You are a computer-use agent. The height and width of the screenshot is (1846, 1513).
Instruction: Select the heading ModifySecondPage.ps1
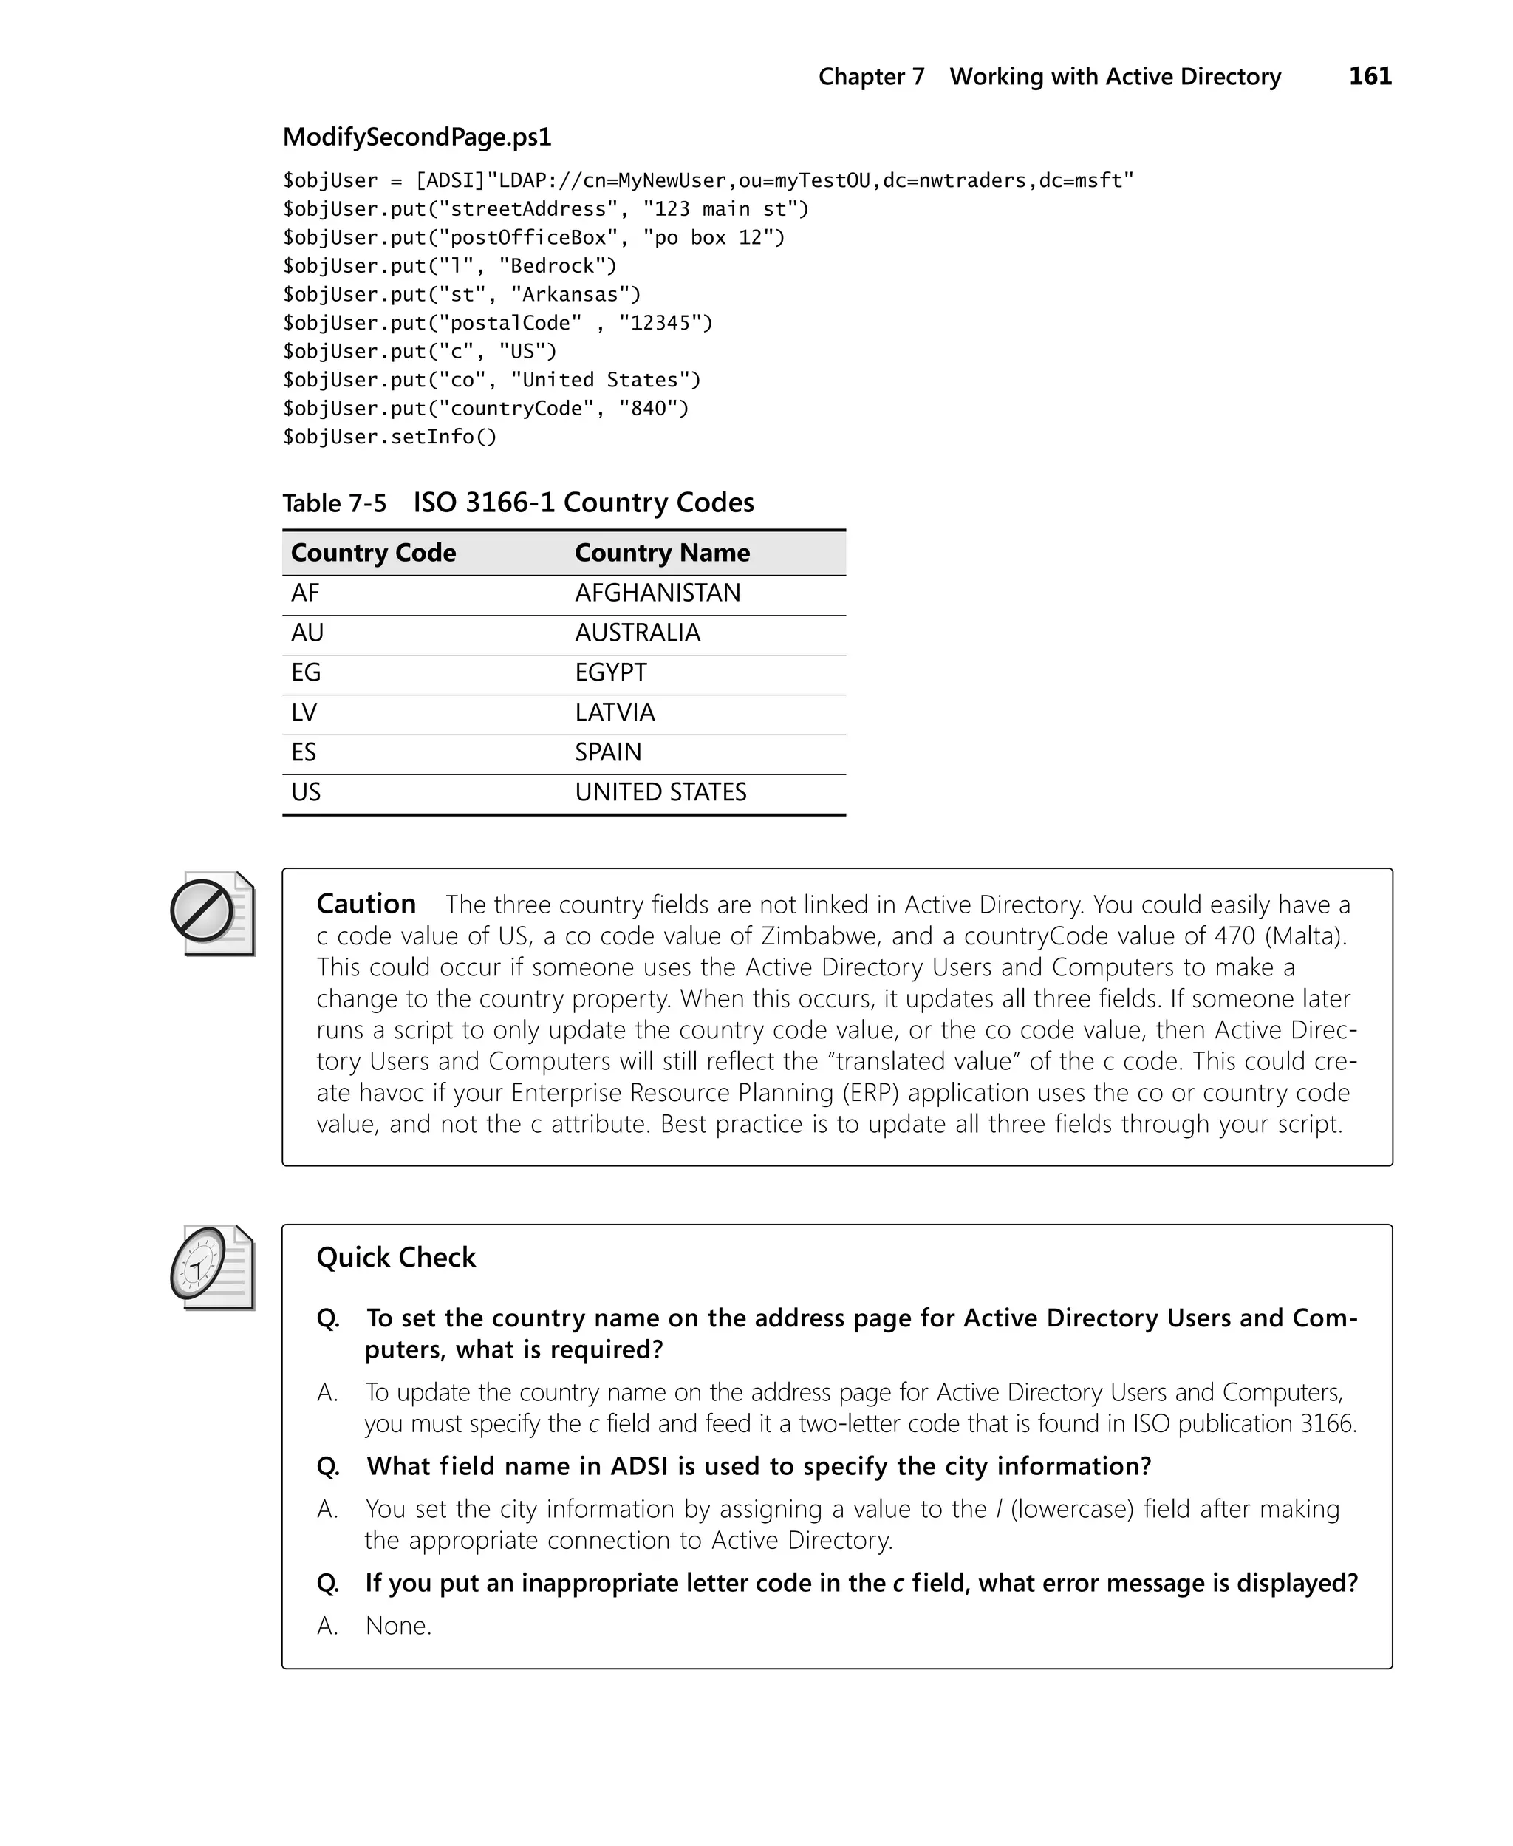pos(417,137)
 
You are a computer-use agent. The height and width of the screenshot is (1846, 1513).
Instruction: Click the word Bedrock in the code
pos(557,266)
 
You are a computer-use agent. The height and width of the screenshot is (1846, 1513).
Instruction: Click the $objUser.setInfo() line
pos(389,437)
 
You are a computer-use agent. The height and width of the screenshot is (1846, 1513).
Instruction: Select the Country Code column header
pos(373,553)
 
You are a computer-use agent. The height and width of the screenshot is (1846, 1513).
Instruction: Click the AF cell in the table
pos(305,593)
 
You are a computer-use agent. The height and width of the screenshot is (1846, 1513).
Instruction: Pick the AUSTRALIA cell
pos(637,633)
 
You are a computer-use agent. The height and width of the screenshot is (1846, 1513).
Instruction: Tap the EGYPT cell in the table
pos(610,673)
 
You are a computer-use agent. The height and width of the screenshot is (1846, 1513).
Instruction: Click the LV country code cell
pos(304,713)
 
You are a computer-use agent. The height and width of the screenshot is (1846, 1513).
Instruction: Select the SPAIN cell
pos(607,752)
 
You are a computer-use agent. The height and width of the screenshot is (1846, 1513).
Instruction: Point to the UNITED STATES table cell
pos(660,792)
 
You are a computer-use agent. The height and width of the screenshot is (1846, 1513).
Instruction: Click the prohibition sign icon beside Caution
pos(203,912)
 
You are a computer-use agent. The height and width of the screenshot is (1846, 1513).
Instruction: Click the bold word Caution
pos(365,904)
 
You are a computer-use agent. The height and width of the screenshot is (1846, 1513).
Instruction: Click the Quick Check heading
pos(396,1258)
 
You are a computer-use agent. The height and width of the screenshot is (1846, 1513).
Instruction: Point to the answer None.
pos(398,1626)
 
